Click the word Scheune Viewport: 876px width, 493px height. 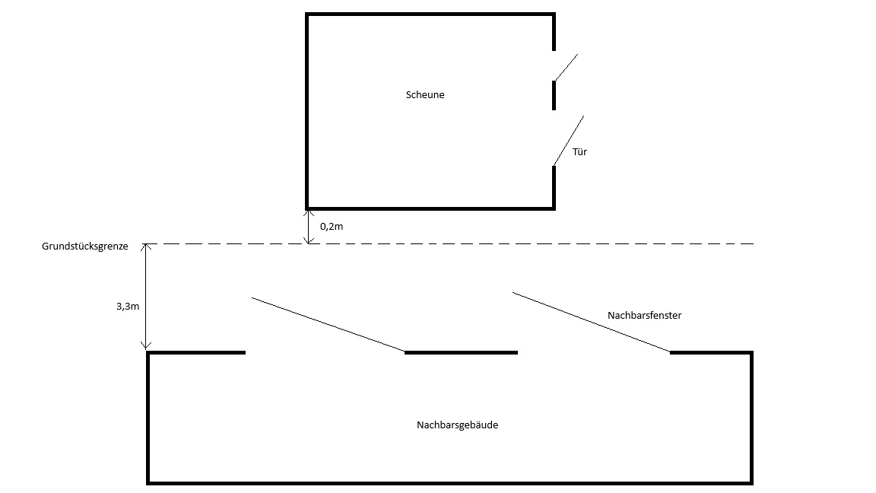425,95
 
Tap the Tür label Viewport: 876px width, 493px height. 580,151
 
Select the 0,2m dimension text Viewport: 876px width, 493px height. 332,226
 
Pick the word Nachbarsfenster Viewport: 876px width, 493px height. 644,314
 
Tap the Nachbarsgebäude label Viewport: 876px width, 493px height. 457,425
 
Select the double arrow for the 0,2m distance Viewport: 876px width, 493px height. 308,226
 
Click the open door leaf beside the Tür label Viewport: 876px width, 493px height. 569,141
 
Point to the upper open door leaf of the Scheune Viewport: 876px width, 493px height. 566,67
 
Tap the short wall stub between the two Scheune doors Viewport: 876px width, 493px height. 554,95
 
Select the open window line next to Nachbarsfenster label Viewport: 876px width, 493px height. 592,322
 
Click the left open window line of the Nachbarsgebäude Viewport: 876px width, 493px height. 328,325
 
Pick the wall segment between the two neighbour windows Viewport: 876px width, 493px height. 461,352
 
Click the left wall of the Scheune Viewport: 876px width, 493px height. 307,110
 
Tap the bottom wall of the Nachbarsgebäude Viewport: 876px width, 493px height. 449,482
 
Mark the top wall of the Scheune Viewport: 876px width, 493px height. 430,14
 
